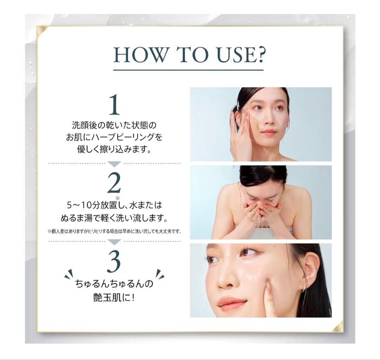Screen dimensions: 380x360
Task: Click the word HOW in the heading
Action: point(140,55)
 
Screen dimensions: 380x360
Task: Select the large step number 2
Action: point(114,182)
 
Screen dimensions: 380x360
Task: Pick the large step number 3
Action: point(114,261)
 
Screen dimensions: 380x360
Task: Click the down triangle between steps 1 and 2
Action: point(114,164)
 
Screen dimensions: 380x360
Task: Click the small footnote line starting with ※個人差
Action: point(114,231)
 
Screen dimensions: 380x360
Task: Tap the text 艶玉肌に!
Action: point(114,297)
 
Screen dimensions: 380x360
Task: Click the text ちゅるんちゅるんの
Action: point(114,283)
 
